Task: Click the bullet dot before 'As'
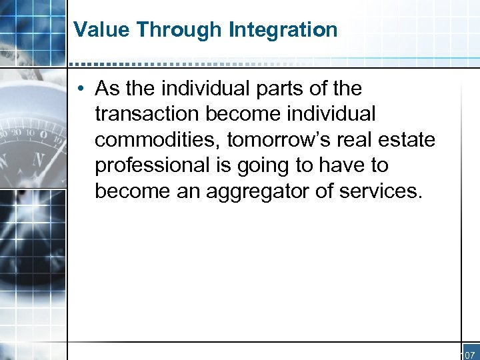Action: pos(81,89)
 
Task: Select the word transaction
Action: pos(147,114)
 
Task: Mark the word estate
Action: pos(411,140)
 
